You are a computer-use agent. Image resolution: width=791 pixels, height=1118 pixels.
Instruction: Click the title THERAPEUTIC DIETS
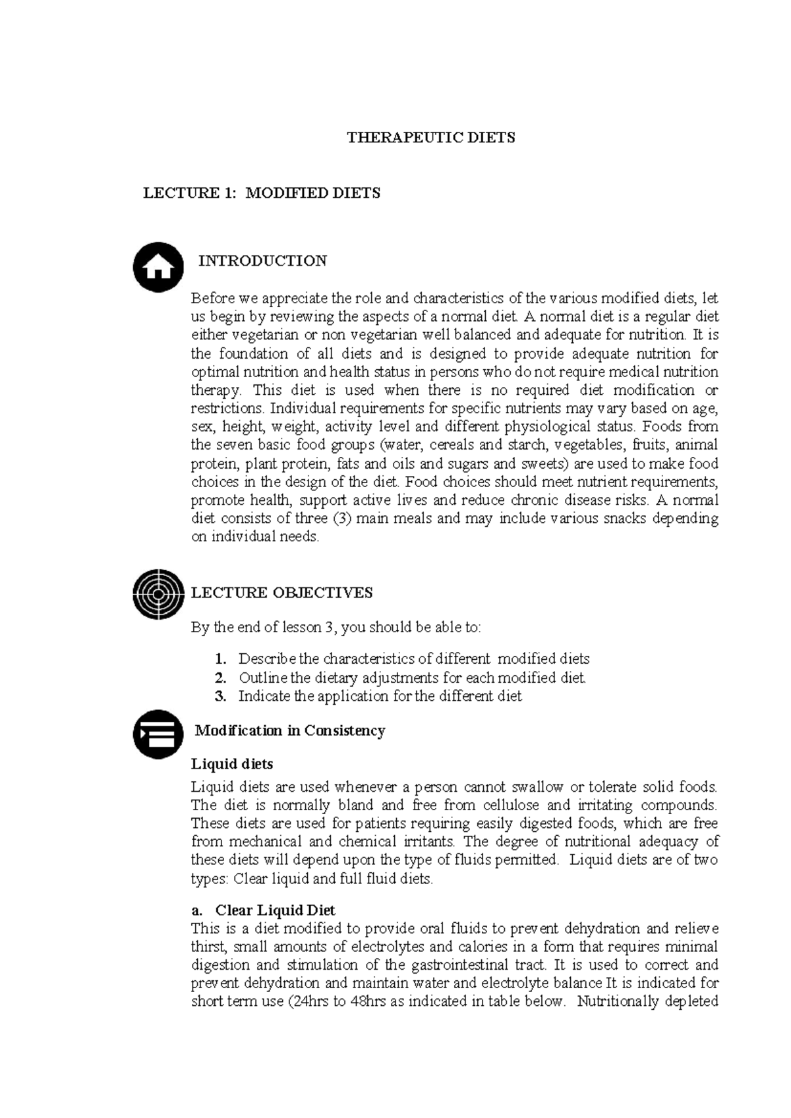pos(431,138)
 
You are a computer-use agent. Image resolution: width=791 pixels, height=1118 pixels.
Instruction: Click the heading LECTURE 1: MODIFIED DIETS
pos(262,193)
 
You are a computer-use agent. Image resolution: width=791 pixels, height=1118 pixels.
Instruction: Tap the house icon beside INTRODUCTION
pos(158,267)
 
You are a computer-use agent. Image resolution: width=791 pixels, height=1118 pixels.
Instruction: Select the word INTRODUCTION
pos(262,261)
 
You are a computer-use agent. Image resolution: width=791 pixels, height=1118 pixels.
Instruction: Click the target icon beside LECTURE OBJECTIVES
pos(158,593)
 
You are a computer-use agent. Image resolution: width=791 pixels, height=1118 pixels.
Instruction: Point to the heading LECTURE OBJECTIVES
pos(281,593)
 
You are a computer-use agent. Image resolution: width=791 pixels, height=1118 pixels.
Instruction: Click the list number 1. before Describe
pos(221,659)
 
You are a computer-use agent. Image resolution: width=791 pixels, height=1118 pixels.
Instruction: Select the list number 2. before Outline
pos(221,678)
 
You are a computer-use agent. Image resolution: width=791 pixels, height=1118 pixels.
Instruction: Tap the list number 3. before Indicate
pos(221,696)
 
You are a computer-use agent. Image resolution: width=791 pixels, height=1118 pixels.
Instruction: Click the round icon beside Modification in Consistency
pos(158,734)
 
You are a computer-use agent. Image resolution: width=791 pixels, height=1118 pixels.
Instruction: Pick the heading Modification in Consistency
pos(290,730)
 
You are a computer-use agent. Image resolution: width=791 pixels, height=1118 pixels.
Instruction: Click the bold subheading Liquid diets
pos(232,764)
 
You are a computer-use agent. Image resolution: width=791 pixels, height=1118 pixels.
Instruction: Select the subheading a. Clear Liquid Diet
pos(263,910)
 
